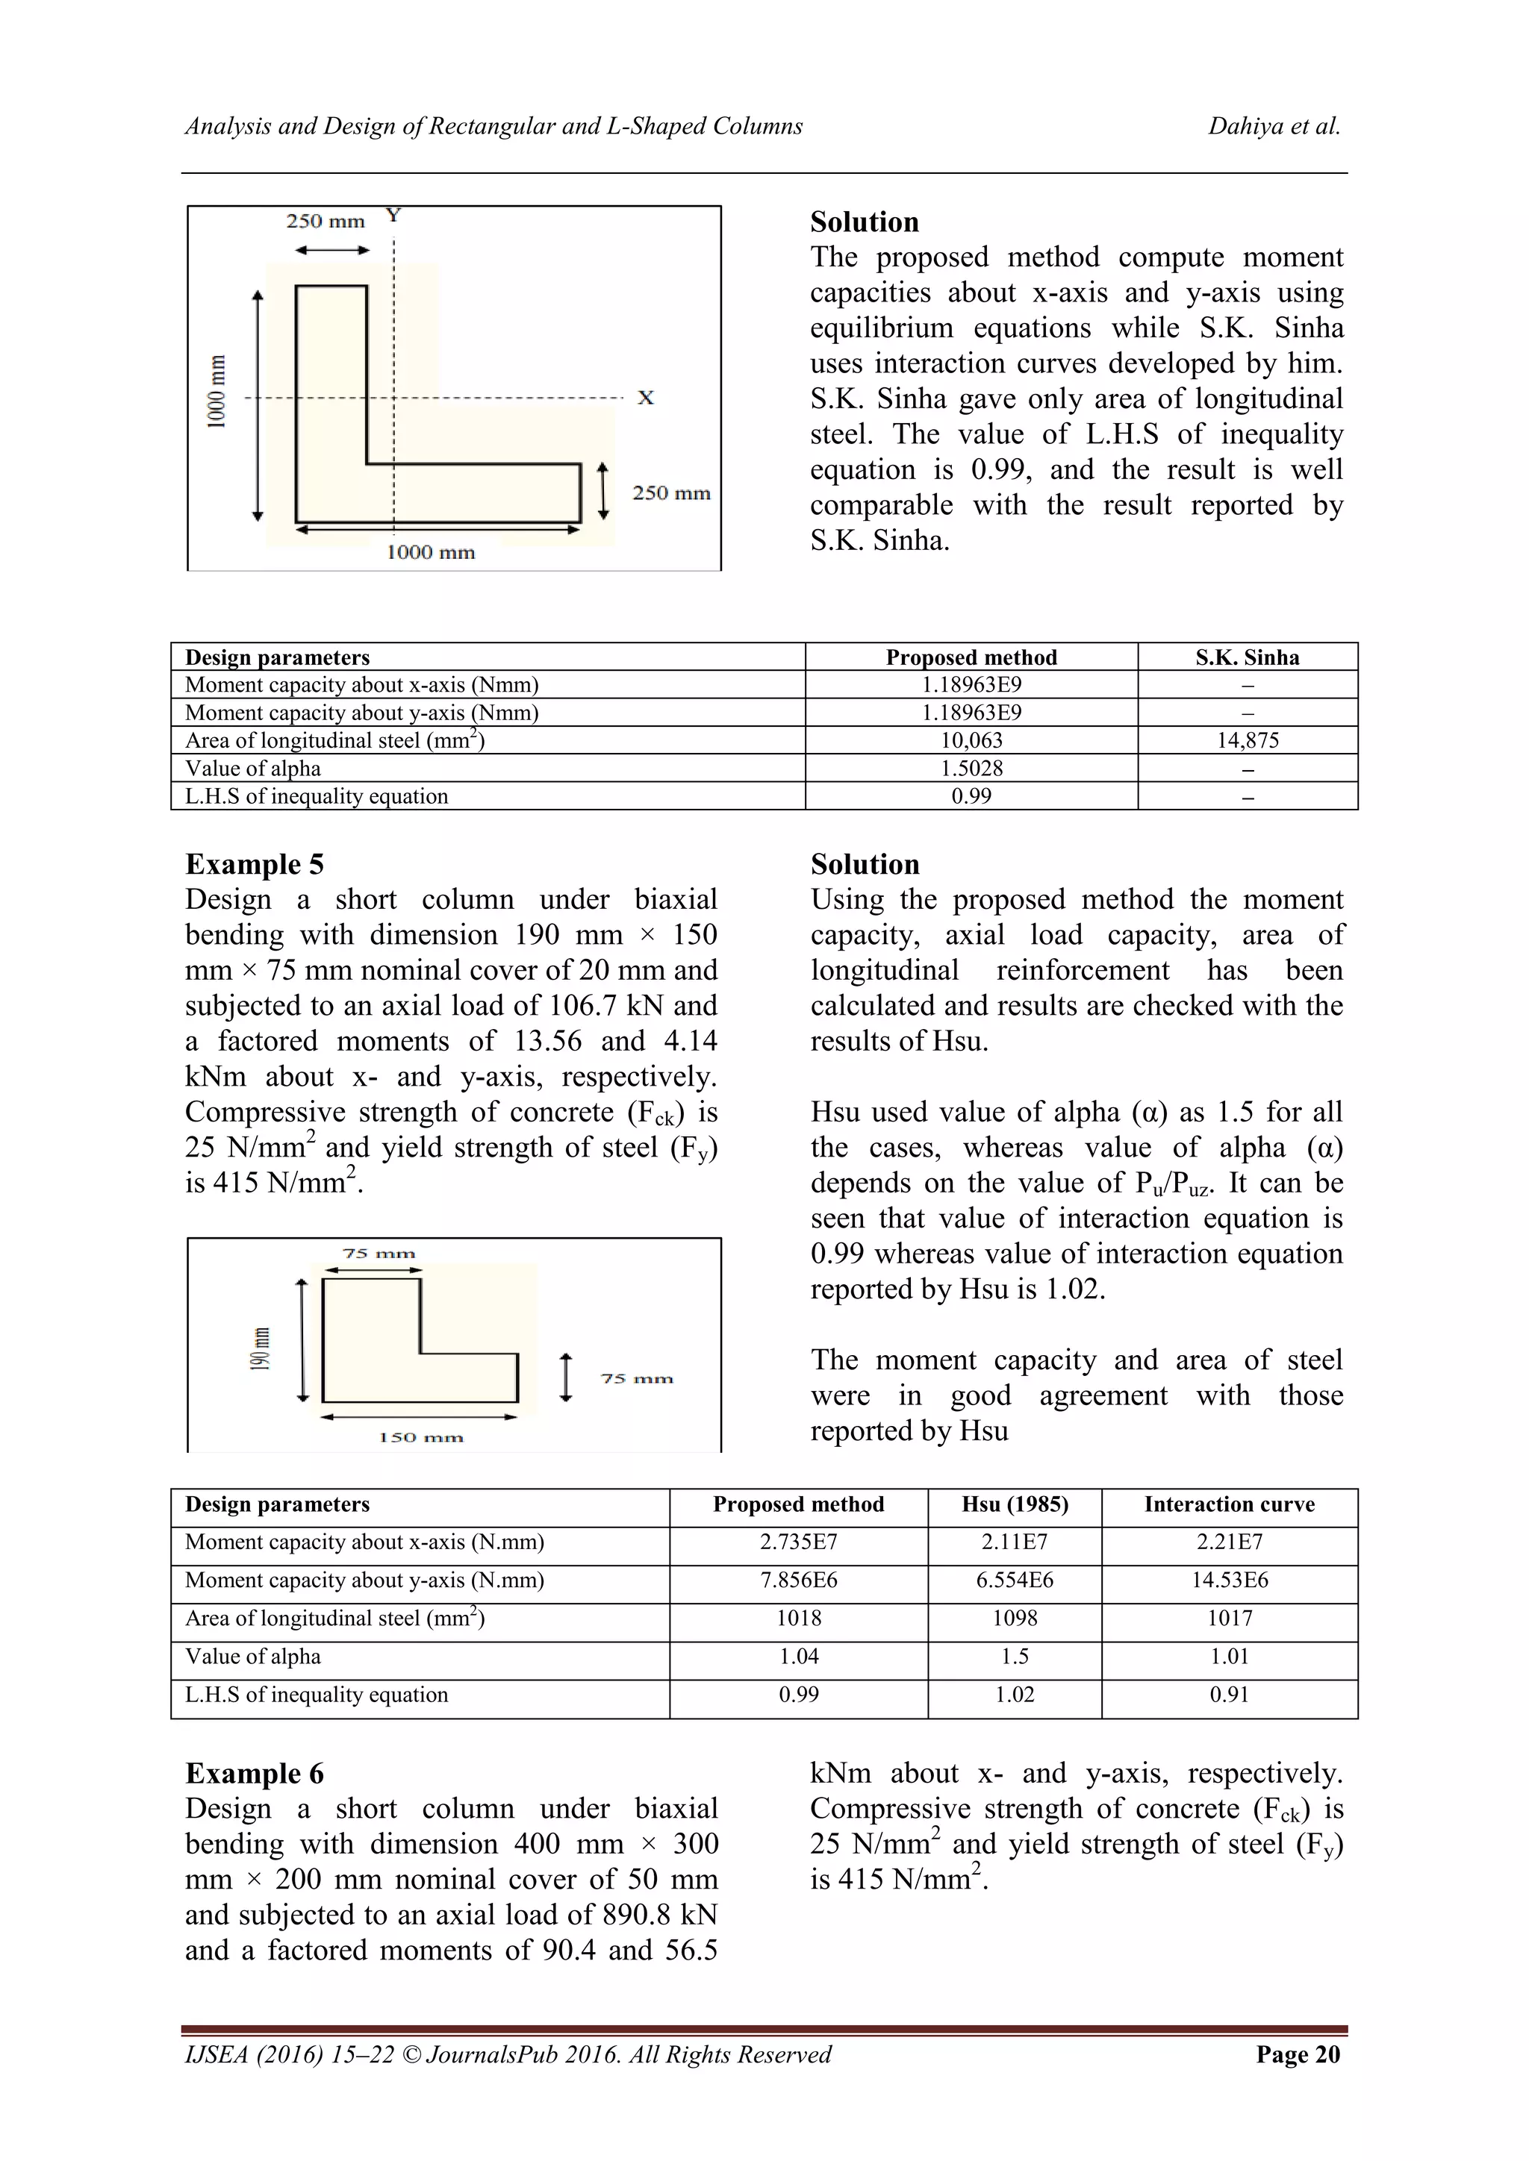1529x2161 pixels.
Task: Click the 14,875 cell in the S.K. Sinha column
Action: (1248, 741)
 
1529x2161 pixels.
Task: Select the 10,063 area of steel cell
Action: (971, 741)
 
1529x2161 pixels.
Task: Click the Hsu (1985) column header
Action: (1014, 1504)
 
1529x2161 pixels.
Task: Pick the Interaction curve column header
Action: (1229, 1504)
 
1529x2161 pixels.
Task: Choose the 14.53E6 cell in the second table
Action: (1229, 1580)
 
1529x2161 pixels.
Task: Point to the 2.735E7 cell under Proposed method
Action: (797, 1542)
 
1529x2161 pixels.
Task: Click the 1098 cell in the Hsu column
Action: (1014, 1618)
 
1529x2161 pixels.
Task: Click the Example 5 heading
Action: (254, 864)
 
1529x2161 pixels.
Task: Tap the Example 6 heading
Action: (254, 1773)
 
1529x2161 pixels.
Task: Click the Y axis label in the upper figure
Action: (393, 216)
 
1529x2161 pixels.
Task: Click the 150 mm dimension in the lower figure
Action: (421, 1437)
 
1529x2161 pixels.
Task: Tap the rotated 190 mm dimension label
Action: (260, 1348)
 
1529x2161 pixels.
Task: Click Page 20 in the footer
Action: (1298, 2054)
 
